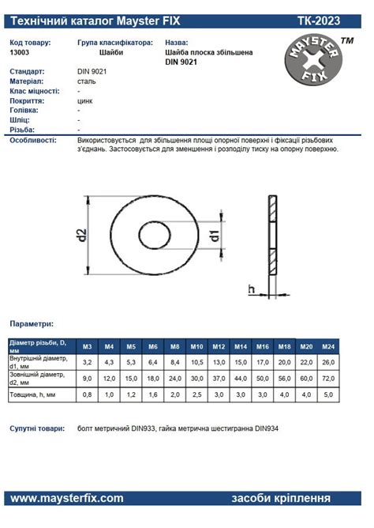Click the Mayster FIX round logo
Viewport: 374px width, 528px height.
[x=313, y=59]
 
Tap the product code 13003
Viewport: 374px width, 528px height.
[x=20, y=52]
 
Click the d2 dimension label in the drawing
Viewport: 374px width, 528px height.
[x=81, y=235]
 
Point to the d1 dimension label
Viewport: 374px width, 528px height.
[x=215, y=235]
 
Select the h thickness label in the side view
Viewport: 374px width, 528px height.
[x=252, y=289]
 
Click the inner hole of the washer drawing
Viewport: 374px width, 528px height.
[x=155, y=235]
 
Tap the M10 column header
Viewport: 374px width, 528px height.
[x=197, y=346]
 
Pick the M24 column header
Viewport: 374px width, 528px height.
[x=328, y=346]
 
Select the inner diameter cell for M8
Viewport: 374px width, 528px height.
[x=175, y=362]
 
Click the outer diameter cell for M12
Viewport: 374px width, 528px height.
[x=219, y=379]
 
